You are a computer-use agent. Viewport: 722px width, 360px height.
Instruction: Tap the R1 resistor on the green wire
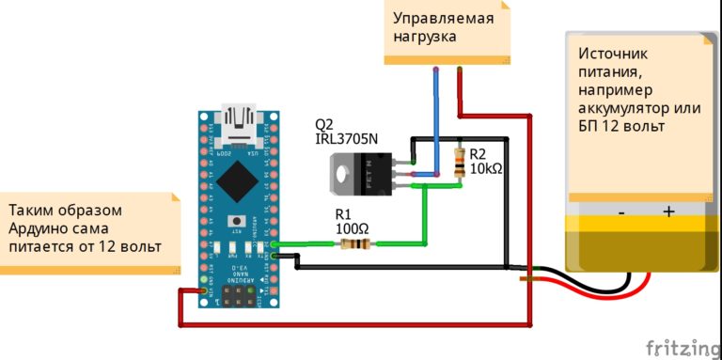coord(353,244)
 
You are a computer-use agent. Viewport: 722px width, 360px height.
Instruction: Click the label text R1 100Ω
coord(352,221)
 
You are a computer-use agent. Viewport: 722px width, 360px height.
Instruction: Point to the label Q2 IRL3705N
coord(346,132)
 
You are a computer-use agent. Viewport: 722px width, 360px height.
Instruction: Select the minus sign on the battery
coord(621,212)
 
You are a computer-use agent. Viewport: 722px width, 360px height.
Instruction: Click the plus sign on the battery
coord(668,212)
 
